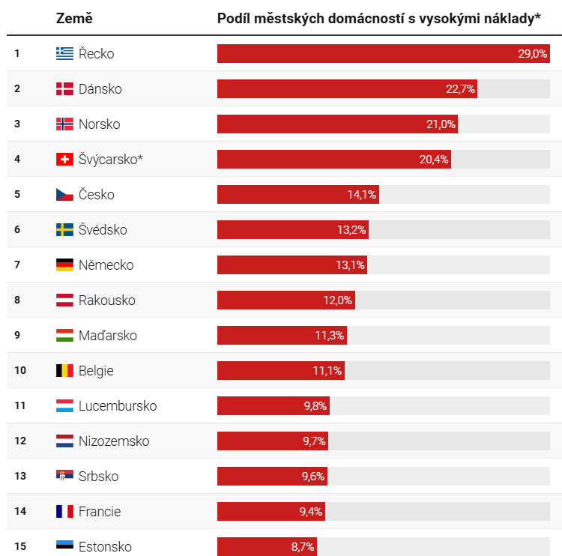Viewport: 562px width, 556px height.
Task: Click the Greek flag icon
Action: pyautogui.click(x=64, y=53)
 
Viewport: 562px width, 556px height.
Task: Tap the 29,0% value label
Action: pyautogui.click(x=532, y=54)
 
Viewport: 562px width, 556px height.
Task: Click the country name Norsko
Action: pyautogui.click(x=99, y=124)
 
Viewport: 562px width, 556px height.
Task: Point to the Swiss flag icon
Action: pyautogui.click(x=64, y=160)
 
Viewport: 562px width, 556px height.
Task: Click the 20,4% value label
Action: pyautogui.click(x=433, y=160)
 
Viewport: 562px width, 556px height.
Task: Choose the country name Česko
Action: pyautogui.click(x=96, y=195)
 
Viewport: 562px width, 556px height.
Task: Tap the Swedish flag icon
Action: pyautogui.click(x=64, y=230)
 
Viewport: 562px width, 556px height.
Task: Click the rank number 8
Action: pyautogui.click(x=17, y=300)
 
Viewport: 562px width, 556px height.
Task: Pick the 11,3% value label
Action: pyautogui.click(x=329, y=336)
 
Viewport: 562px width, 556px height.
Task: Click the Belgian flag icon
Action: pyautogui.click(x=64, y=371)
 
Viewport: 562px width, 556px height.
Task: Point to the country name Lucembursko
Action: pyautogui.click(x=118, y=406)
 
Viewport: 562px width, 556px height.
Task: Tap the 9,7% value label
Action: pyautogui.click(x=314, y=441)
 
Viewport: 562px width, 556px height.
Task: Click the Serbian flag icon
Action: pyautogui.click(x=64, y=477)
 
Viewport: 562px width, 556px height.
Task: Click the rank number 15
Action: pyautogui.click(x=20, y=546)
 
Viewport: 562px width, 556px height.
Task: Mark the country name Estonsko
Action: pyautogui.click(x=105, y=547)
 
